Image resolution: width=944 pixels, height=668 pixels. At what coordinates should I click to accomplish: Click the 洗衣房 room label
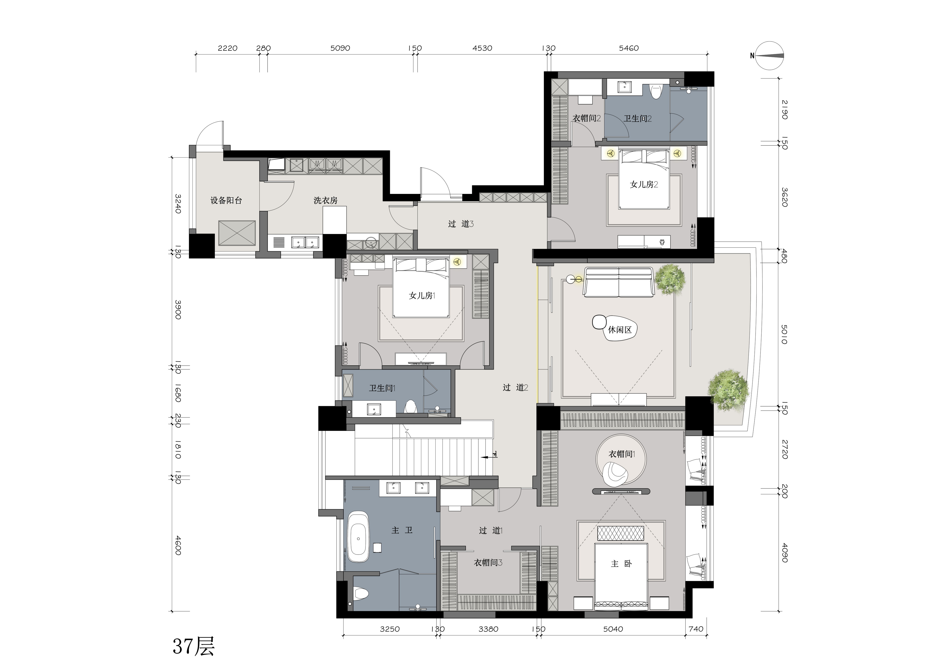point(326,200)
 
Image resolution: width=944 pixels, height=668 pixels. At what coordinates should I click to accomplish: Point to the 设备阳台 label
point(226,200)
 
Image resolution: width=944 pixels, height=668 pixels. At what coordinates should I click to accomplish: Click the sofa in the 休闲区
point(619,282)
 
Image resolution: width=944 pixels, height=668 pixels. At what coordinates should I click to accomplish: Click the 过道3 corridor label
point(461,224)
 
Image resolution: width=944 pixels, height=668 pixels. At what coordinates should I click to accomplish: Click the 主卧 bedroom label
point(621,564)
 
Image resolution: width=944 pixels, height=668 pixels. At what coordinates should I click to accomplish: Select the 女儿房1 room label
point(422,295)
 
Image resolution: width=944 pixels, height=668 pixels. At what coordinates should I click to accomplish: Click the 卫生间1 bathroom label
point(382,388)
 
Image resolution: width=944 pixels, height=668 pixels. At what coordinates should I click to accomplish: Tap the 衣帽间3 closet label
point(488,562)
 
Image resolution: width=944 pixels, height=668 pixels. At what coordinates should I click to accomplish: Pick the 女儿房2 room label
point(644,184)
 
